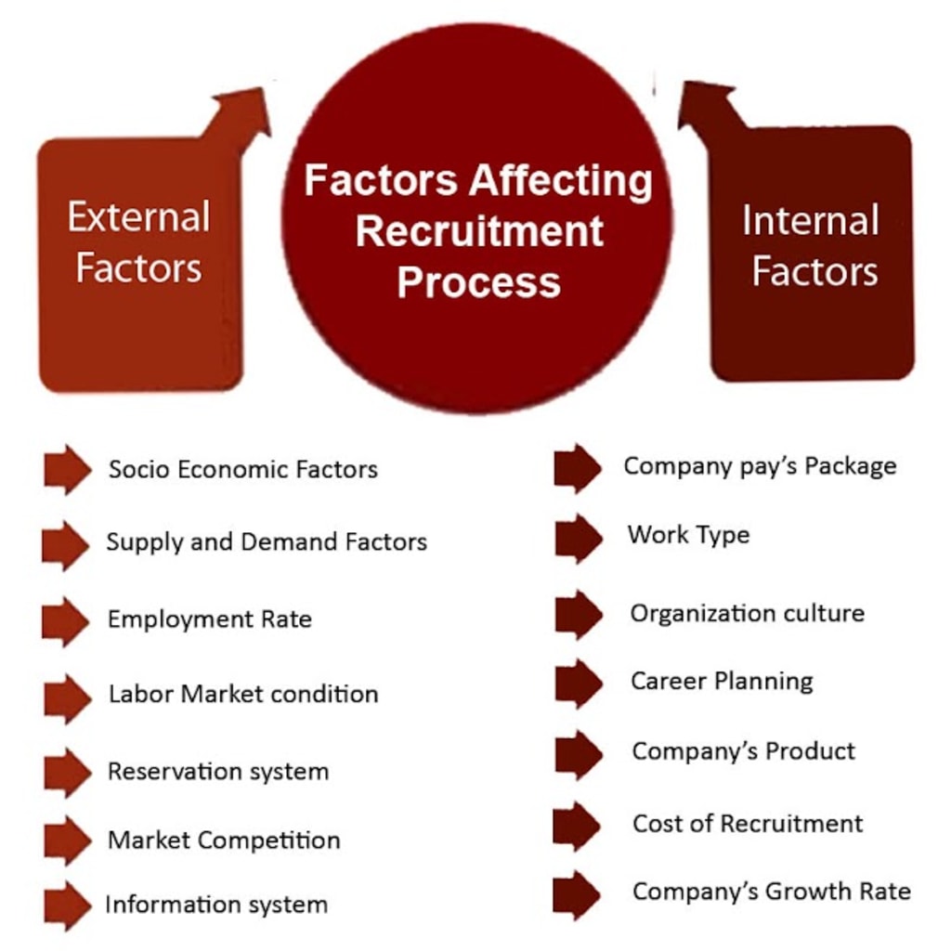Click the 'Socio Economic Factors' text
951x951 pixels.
point(242,469)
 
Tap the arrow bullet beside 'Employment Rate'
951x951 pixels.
point(66,621)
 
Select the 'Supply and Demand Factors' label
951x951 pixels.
point(267,541)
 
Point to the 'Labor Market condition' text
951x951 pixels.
point(242,694)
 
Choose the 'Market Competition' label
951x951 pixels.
point(224,840)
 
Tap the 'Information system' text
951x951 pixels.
point(216,905)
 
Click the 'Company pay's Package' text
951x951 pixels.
point(760,465)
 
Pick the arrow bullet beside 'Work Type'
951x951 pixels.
point(579,539)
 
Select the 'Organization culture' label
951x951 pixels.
point(747,613)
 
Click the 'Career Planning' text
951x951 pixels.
point(722,681)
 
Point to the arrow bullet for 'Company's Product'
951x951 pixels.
point(579,754)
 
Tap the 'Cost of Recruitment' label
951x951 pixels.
point(748,823)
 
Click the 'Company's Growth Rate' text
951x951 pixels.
point(771,892)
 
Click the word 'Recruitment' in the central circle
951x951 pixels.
point(479,231)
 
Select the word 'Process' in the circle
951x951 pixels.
point(478,281)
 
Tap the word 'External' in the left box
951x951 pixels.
point(138,218)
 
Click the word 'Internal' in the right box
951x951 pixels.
point(810,221)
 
